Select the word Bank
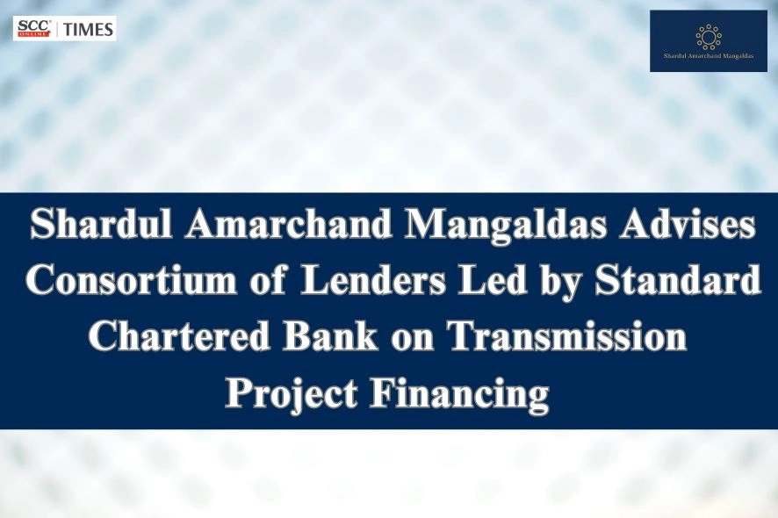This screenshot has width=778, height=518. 342,338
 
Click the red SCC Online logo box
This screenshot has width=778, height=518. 32,28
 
